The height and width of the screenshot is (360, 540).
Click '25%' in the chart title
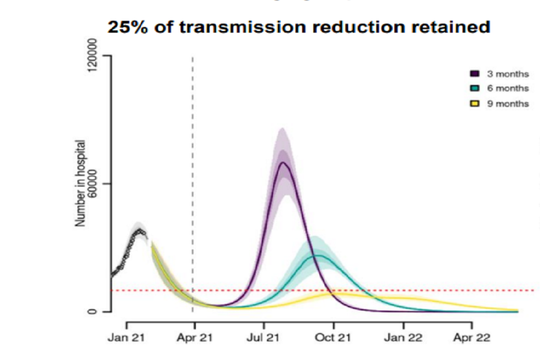pyautogui.click(x=127, y=28)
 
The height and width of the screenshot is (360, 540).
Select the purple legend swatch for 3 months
pyautogui.click(x=474, y=74)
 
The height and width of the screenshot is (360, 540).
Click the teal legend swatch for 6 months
pyautogui.click(x=474, y=88)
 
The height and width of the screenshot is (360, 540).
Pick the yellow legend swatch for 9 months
pyautogui.click(x=474, y=103)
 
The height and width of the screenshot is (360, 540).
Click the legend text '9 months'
pyautogui.click(x=507, y=103)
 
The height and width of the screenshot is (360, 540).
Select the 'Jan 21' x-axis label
pyautogui.click(x=127, y=338)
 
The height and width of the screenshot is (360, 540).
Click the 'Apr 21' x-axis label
pyautogui.click(x=195, y=338)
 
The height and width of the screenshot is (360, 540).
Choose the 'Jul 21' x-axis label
pyautogui.click(x=264, y=338)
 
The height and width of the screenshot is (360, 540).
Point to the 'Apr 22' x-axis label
pyautogui.click(x=472, y=338)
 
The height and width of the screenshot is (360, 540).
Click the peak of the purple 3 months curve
pyautogui.click(x=283, y=163)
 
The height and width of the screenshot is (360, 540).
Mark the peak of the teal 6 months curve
pyautogui.click(x=318, y=255)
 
